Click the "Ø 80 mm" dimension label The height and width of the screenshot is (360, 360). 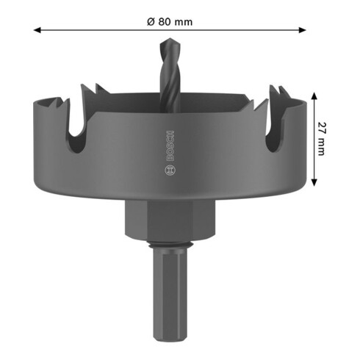click(x=170, y=21)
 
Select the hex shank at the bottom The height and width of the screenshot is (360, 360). click(x=170, y=294)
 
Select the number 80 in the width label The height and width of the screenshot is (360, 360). click(x=166, y=21)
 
